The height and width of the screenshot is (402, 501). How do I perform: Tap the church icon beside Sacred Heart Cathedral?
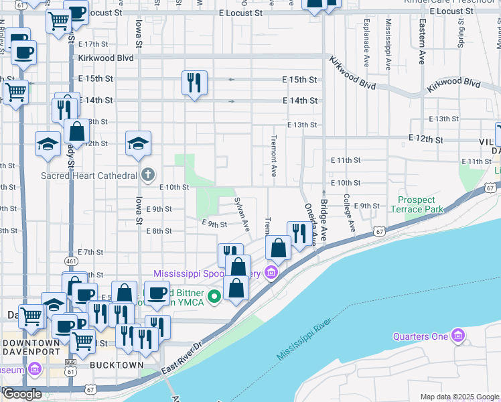(x=148, y=176)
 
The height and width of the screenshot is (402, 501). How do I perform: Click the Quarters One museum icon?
(x=458, y=335)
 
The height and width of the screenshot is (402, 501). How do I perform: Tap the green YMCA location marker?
(x=215, y=295)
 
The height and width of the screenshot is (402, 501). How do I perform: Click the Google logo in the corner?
(x=22, y=395)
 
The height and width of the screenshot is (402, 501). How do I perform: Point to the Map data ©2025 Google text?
(x=459, y=397)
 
